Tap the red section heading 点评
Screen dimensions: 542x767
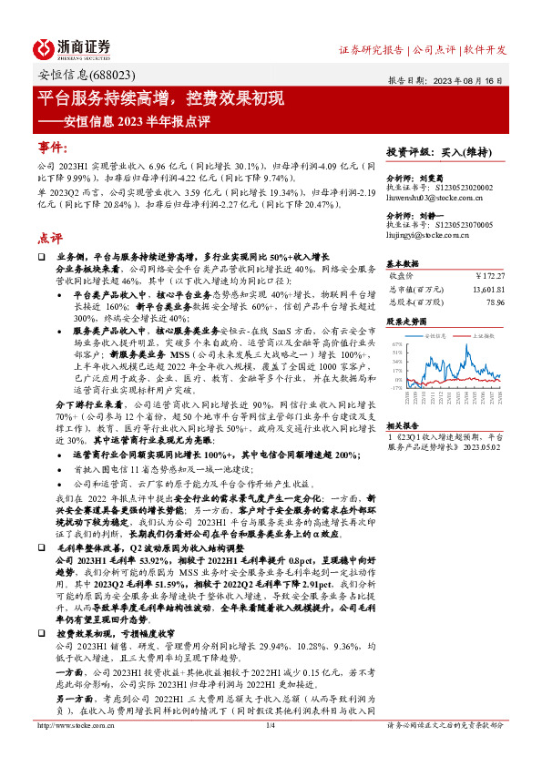click(50, 238)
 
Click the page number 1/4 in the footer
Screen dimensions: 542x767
click(270, 751)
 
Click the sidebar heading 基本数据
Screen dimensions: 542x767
click(404, 261)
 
